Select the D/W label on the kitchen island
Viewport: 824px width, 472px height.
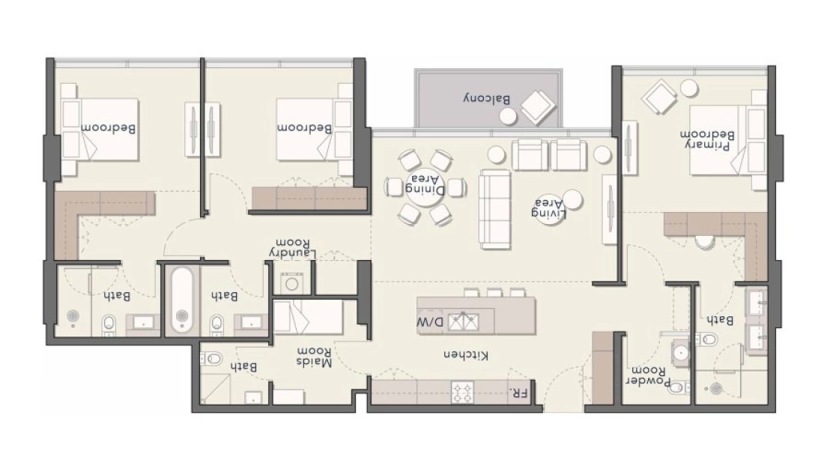[431, 321]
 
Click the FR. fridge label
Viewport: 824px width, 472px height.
[518, 392]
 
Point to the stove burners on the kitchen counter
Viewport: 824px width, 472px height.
[462, 392]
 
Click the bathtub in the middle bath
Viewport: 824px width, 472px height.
[182, 300]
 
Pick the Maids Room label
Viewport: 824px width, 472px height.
[315, 357]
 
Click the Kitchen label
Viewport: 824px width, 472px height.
[466, 355]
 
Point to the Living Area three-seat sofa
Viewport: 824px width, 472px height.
[494, 209]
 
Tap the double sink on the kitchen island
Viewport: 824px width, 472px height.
[463, 321]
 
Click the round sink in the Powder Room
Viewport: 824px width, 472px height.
[680, 352]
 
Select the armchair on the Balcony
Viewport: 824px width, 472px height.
[538, 107]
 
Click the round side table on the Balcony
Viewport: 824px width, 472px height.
[508, 117]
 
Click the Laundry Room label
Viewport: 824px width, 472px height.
[292, 249]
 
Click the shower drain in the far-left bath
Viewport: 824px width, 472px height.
[73, 316]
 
